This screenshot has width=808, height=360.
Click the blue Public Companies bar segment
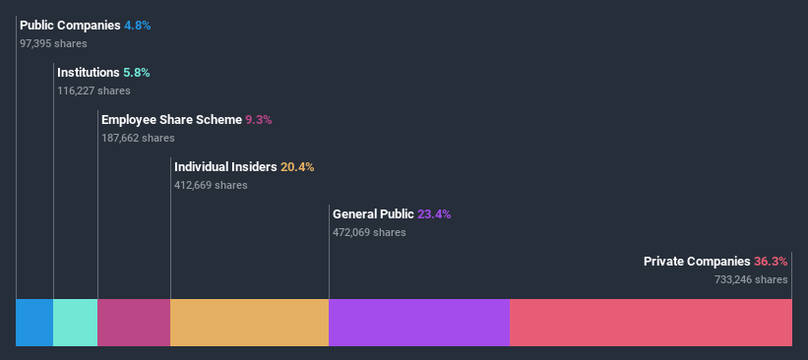34,323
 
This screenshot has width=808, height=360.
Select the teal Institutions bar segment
76,323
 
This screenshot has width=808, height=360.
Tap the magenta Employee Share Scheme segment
134,323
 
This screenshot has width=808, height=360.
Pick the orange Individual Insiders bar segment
249,323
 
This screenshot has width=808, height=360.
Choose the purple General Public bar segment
419,323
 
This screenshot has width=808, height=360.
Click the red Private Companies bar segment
651,323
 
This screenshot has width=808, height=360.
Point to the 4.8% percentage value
138,26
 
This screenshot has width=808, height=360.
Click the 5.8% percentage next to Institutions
136,73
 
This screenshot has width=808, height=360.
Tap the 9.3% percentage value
258,120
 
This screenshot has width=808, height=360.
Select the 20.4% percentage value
297,167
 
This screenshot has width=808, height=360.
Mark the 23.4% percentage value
434,214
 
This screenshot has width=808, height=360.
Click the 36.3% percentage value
771,262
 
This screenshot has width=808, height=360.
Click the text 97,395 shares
53,43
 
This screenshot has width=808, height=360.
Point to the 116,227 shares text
93,90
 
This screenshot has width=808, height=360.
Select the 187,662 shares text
138,138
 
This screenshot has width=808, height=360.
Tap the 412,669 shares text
211,185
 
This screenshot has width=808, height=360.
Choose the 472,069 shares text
369,232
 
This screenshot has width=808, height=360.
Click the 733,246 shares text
751,279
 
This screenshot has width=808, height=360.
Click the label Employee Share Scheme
171,120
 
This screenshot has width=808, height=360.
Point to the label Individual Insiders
225,167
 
